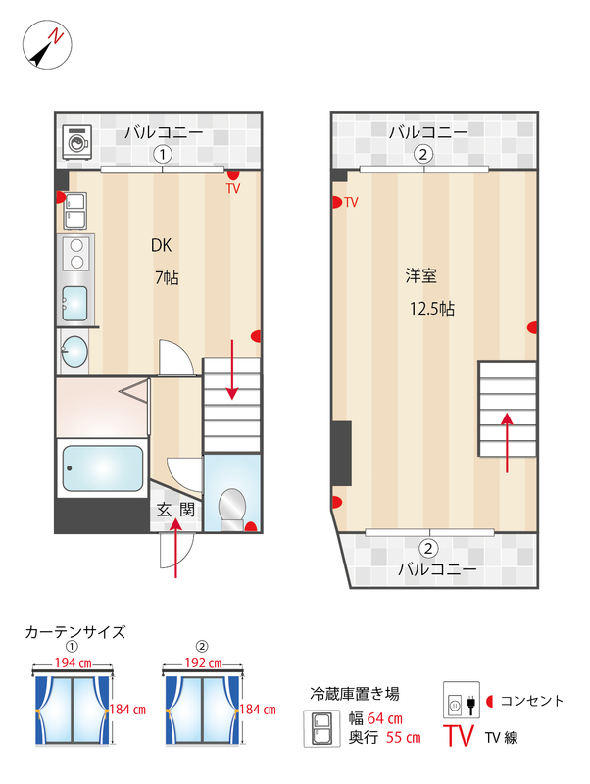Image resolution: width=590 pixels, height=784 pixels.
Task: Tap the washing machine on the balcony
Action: click(75, 144)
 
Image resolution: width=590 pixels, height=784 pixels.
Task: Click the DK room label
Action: click(162, 245)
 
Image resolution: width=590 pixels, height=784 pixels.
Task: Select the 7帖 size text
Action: click(166, 277)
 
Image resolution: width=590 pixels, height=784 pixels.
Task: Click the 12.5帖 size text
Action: click(431, 308)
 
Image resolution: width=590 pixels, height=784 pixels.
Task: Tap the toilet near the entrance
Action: click(232, 506)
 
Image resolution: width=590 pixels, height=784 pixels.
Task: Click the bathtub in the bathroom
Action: click(102, 469)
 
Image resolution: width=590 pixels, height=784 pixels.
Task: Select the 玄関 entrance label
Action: click(175, 510)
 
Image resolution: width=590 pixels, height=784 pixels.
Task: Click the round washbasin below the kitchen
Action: click(74, 350)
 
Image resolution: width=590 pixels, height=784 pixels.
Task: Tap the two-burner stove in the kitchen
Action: click(74, 255)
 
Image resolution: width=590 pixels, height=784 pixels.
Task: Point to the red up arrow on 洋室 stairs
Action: click(508, 442)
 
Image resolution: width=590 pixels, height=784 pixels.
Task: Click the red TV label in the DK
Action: click(232, 187)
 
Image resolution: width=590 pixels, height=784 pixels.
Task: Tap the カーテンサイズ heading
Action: click(75, 632)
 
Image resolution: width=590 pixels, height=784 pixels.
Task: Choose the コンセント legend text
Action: click(532, 700)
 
